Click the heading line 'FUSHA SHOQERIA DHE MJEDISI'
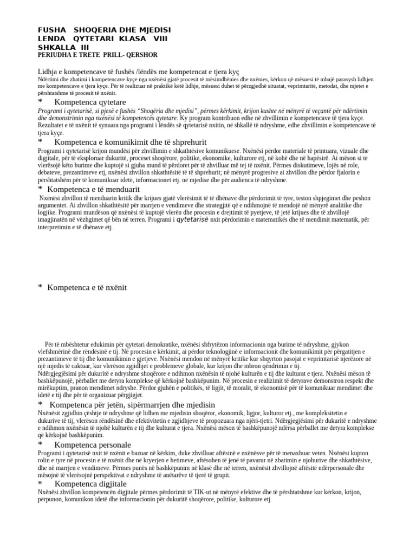tap(104, 29)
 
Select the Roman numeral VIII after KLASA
tap(161, 38)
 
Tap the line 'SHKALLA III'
tap(63, 47)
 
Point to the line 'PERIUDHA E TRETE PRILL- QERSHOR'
tap(97, 55)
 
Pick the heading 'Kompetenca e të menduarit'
tap(94, 189)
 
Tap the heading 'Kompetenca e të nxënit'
tap(87, 287)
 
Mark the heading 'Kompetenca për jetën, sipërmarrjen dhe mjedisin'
tap(132, 404)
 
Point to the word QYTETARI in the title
tap(93, 38)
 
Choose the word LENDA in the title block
tap(52, 38)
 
